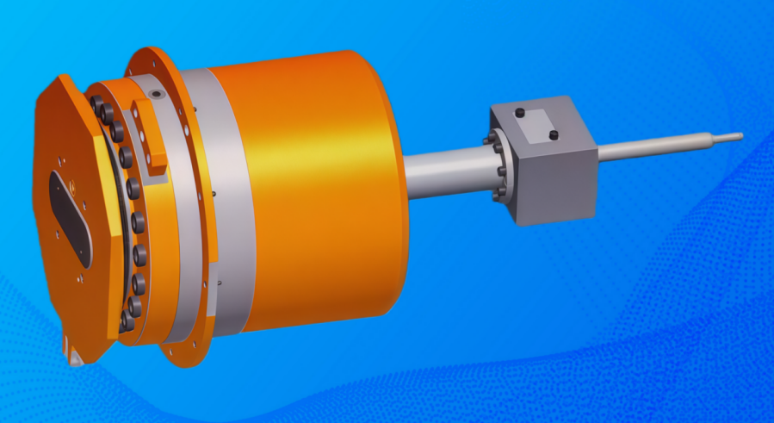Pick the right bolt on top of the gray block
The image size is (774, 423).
click(x=554, y=134)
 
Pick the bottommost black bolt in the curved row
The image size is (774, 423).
click(x=127, y=321)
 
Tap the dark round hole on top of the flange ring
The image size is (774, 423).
click(x=156, y=94)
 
